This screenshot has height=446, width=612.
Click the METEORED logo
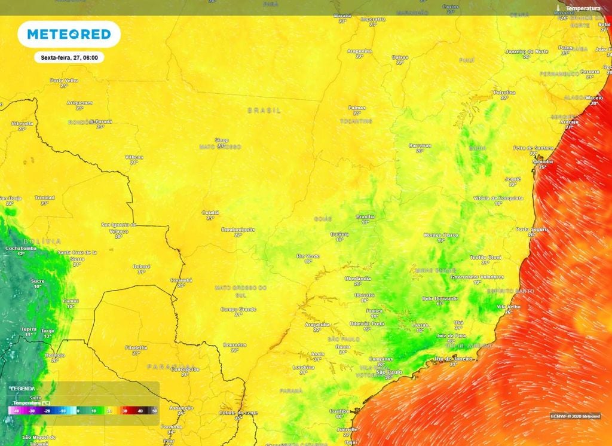pos(69,34)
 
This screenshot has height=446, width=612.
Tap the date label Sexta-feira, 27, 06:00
pos(69,57)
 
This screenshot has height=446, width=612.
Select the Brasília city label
pos(365,216)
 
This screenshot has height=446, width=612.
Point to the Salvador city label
pos(543,161)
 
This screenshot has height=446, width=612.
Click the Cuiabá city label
pos(210,212)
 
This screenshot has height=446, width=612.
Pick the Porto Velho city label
pos(64,80)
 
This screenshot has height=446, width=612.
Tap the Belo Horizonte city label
pos(440,298)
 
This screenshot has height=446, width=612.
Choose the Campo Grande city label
pos(238,309)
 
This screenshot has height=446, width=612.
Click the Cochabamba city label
pos(21,248)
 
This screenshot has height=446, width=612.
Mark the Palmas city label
pos(357,108)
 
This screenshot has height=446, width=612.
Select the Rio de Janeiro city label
pos(453,359)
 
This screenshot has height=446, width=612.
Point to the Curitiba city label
pos(339,411)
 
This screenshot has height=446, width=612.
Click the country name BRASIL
pos(264,111)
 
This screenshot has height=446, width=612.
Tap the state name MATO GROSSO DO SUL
pos(241,291)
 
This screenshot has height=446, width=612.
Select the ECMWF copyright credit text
pos(575,416)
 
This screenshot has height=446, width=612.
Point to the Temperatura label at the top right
pos(583,8)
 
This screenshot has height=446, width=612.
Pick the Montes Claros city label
pos(442,236)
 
